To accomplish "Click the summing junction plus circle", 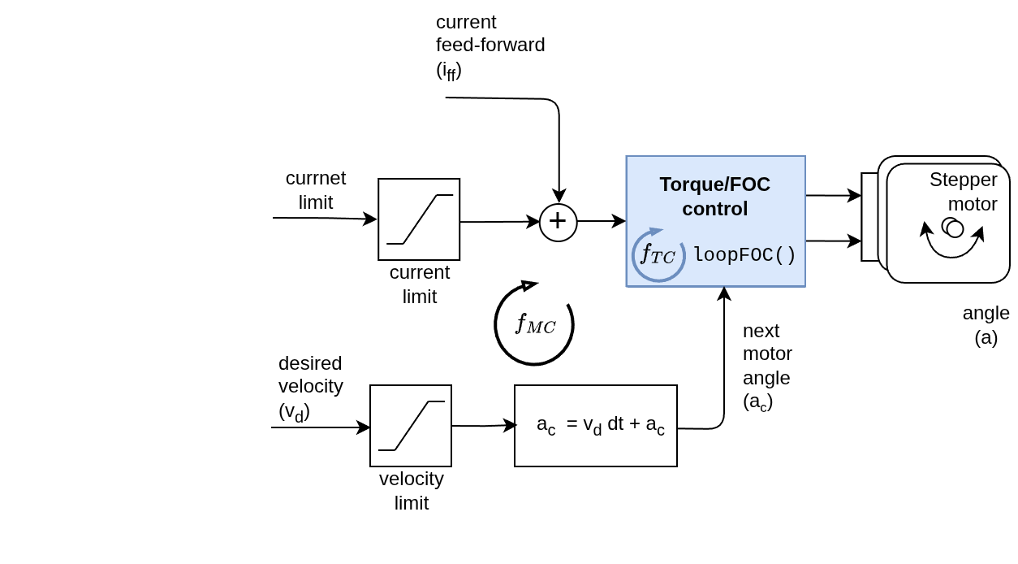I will (x=559, y=222).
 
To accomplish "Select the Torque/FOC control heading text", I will (x=714, y=196).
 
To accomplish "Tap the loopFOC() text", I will (x=744, y=255).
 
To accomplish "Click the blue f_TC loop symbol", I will (x=658, y=255).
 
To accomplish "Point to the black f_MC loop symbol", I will (x=534, y=323).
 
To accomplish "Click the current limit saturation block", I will (x=419, y=219).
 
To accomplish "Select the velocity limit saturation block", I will (x=411, y=426).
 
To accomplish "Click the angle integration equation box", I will (x=596, y=426).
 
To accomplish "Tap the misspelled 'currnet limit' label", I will (x=316, y=190).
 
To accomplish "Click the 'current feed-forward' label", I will (x=490, y=46).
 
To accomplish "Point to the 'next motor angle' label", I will (x=767, y=366).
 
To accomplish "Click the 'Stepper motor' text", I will (x=964, y=191).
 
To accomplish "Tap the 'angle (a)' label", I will (x=986, y=325).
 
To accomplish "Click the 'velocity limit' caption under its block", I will (x=412, y=491).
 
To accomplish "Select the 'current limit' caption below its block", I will (x=420, y=284).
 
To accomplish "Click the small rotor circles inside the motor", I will (x=952, y=228).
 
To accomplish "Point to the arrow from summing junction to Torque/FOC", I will (x=601, y=221).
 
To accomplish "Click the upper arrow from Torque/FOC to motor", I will (x=833, y=195).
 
